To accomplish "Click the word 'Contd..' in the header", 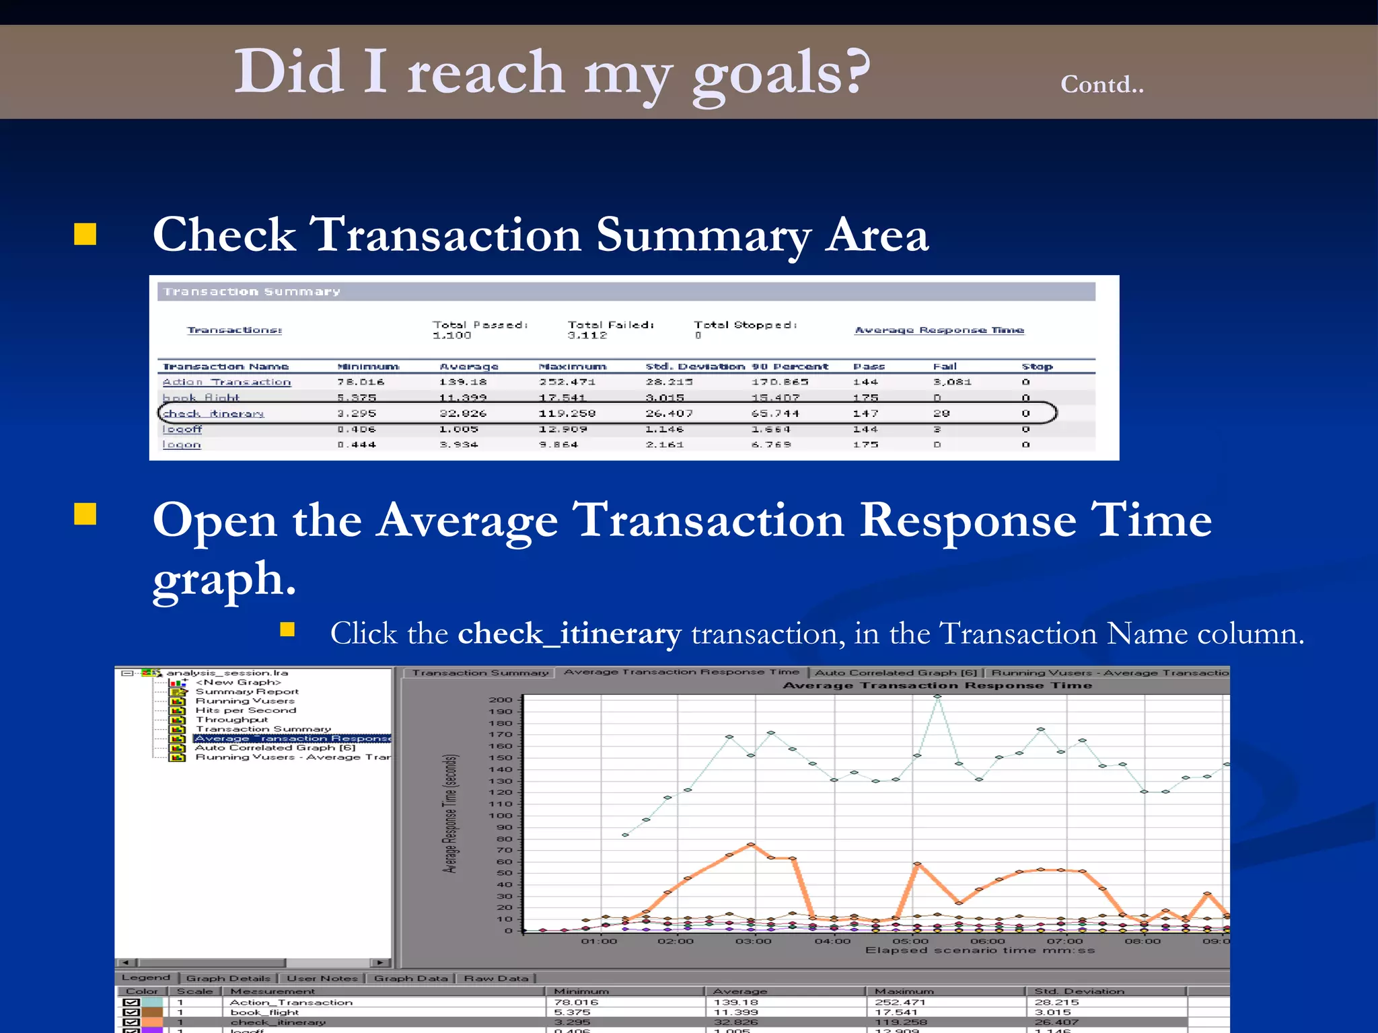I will (x=1101, y=85).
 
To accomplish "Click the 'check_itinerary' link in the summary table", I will (x=213, y=414).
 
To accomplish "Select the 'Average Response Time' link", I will (x=939, y=330).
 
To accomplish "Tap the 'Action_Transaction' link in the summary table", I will (x=226, y=382).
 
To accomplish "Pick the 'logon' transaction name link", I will (x=182, y=445).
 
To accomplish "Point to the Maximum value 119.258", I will (x=567, y=414).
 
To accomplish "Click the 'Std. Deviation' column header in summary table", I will (x=694, y=367).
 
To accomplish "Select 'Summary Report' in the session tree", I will (x=246, y=691).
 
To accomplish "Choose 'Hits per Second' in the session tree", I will (x=245, y=710).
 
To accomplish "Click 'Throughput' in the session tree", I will (x=231, y=720).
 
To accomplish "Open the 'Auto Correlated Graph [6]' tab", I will (x=895, y=673).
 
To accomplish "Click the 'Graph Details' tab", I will (x=227, y=979).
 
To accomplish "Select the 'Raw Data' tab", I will (x=496, y=979).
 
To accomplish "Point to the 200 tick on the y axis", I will (x=500, y=700).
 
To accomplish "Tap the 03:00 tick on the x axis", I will (x=753, y=941).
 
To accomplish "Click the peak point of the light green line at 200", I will (x=937, y=697).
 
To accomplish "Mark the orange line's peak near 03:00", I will (x=751, y=844).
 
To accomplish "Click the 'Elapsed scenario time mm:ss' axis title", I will (x=980, y=950).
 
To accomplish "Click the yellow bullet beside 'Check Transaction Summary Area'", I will (x=85, y=234).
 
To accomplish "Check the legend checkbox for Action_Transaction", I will (x=132, y=1002).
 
